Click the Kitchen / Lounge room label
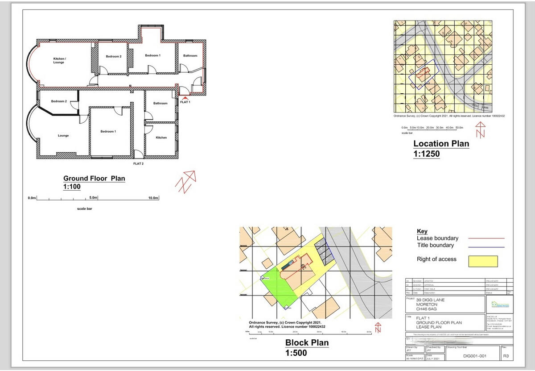(x=59, y=60)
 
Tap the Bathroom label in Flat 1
(x=190, y=56)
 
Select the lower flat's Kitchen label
(x=161, y=138)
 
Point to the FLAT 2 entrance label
(x=138, y=164)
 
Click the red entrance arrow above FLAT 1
(x=185, y=98)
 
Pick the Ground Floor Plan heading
(x=94, y=179)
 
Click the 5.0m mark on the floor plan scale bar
(x=94, y=197)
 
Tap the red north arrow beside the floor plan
(x=187, y=181)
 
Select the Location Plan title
(x=441, y=144)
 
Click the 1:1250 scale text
(x=426, y=154)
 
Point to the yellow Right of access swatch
(x=483, y=261)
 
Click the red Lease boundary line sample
(x=486, y=239)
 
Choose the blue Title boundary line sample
(x=486, y=247)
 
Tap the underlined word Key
(x=422, y=231)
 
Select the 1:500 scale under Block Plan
(x=296, y=353)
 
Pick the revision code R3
(x=506, y=356)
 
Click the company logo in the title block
(x=499, y=304)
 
